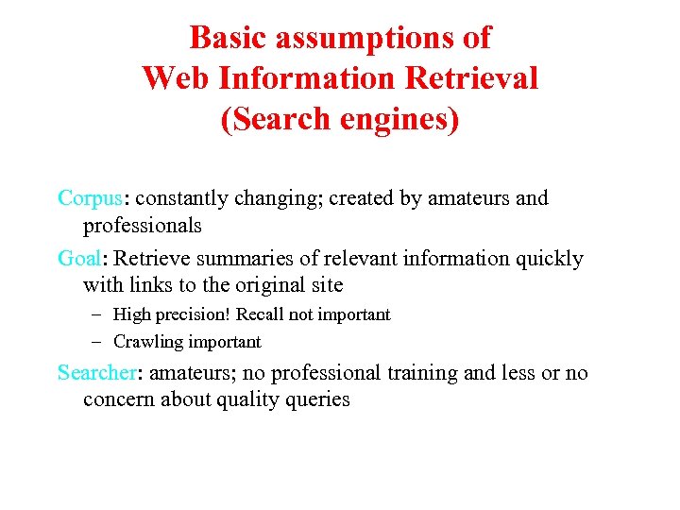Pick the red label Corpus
point(90,198)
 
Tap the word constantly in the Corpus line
point(188,198)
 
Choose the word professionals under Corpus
point(143,226)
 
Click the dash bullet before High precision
point(96,314)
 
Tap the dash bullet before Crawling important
point(96,342)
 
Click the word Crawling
point(147,342)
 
